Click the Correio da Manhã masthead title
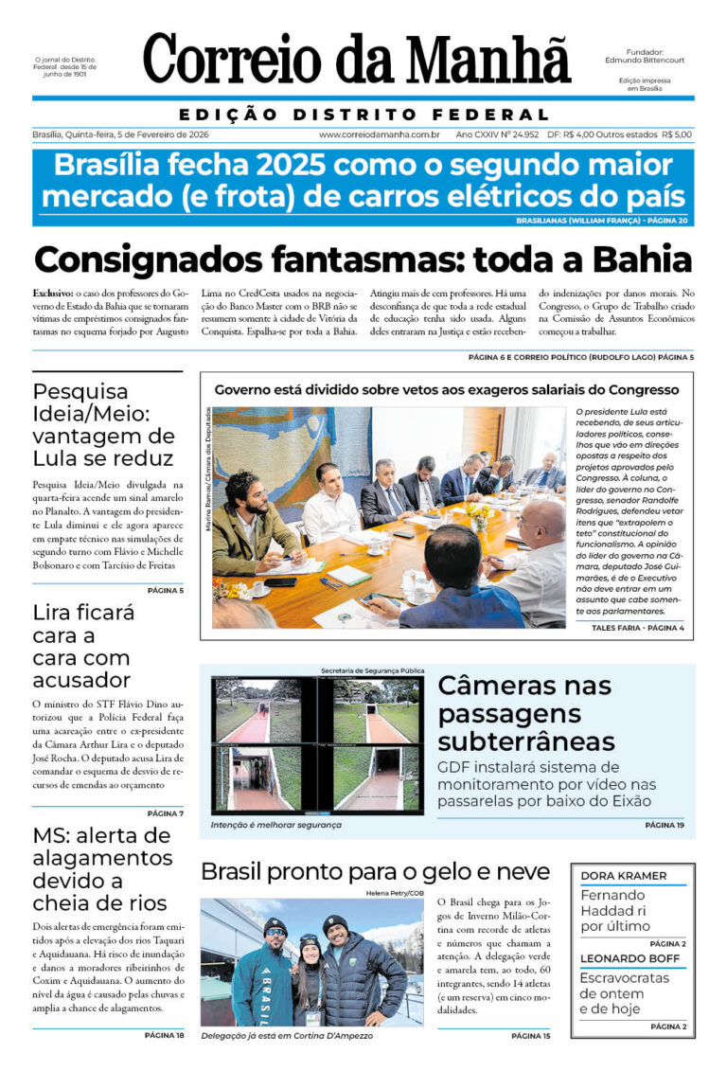click(357, 59)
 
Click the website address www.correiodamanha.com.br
click(380, 134)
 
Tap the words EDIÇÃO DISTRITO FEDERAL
click(363, 115)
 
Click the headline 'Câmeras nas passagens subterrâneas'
click(526, 712)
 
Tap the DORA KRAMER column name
click(623, 876)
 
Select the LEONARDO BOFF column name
click(629, 958)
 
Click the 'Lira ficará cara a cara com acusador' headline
click(83, 646)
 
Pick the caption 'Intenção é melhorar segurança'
click(275, 825)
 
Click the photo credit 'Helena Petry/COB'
click(393, 893)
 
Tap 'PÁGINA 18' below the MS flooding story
click(165, 1035)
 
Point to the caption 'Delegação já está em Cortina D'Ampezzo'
click(287, 1036)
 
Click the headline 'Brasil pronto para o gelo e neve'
click(375, 871)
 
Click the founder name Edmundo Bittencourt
click(645, 60)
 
